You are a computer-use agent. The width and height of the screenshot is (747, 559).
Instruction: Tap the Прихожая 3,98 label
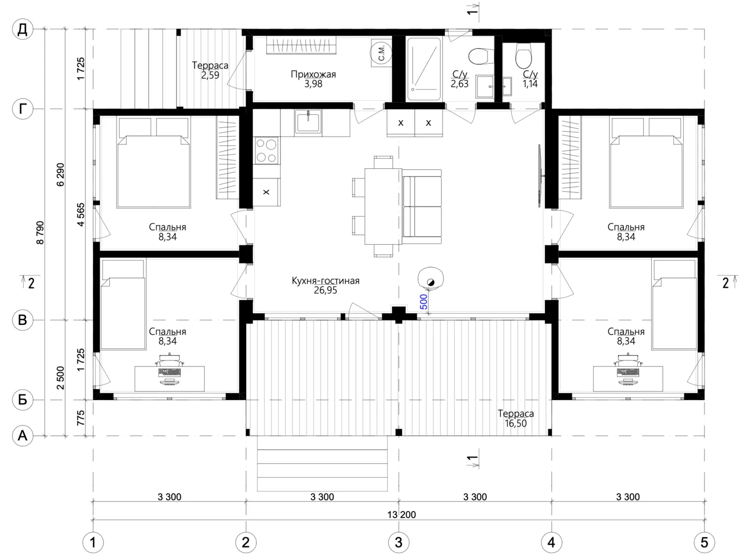point(313,79)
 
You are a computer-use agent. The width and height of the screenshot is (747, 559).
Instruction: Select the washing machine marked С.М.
point(381,53)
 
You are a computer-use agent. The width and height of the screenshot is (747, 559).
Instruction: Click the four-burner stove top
point(266,151)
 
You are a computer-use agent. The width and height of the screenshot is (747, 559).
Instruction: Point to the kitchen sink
point(308,122)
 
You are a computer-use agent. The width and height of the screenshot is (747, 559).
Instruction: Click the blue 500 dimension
point(423,302)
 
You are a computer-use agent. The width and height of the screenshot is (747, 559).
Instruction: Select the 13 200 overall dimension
point(401,514)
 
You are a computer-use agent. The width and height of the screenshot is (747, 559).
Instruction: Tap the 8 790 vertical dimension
point(40,232)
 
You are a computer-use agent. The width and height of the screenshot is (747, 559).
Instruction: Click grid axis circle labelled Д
point(22,29)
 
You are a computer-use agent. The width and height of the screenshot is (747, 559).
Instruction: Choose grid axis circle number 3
point(398,542)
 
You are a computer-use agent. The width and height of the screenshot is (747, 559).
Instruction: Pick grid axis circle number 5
point(704,542)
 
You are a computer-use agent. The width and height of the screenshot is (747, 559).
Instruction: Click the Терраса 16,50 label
point(515,418)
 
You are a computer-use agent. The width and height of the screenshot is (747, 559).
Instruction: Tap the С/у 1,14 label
point(530,79)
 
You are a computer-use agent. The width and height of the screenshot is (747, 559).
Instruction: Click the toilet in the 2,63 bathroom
point(481,56)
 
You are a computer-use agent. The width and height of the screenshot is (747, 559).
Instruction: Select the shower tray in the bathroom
point(424,69)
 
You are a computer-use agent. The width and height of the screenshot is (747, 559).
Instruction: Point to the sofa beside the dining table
point(422,207)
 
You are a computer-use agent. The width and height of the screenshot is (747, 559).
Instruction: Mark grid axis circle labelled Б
point(22,400)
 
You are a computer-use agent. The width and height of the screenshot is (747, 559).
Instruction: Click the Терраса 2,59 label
point(210,70)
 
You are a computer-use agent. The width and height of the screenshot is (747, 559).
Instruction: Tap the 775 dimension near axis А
point(81,418)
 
